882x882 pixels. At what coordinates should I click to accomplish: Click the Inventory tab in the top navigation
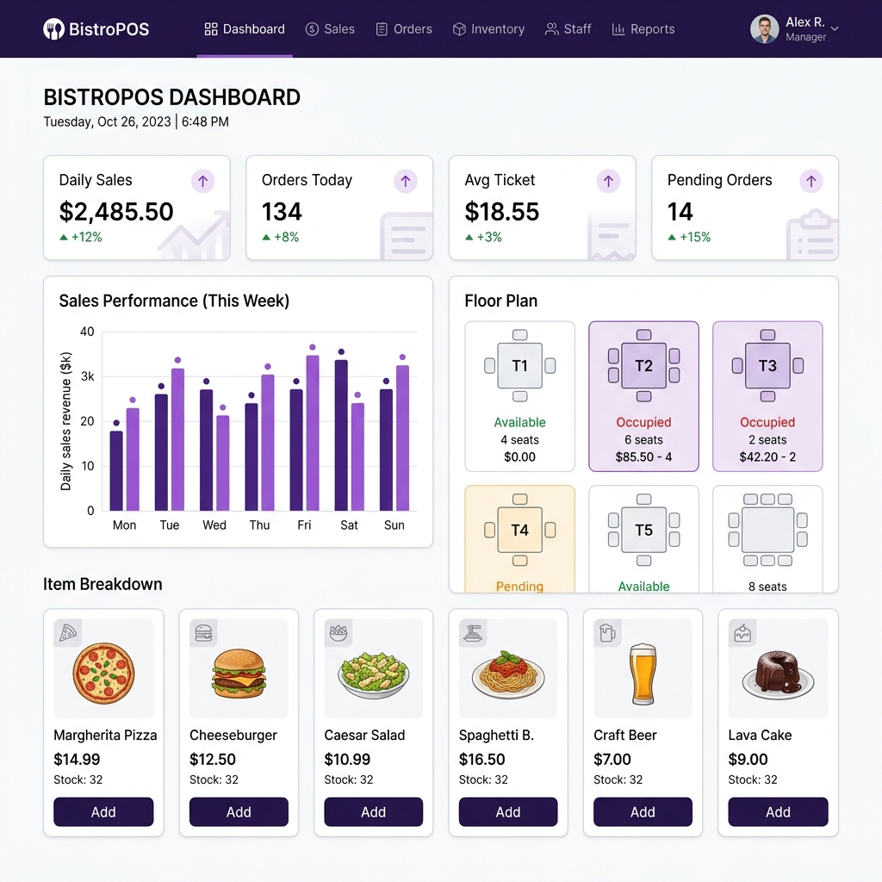[488, 29]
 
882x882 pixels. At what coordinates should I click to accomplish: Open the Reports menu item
[643, 29]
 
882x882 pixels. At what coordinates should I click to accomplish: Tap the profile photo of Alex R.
[765, 29]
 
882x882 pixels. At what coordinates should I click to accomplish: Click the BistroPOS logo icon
[54, 29]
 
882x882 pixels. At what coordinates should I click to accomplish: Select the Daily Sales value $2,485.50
[116, 212]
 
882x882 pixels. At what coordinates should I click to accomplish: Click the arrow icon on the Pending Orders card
[811, 181]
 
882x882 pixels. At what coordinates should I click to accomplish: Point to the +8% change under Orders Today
[280, 238]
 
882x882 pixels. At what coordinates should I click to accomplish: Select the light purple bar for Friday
[313, 433]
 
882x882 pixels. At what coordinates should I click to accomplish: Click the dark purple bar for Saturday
[341, 435]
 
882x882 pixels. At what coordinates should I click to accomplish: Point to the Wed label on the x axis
[214, 525]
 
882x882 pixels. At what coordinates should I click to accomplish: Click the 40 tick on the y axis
[87, 332]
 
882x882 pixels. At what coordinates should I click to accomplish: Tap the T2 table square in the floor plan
[644, 365]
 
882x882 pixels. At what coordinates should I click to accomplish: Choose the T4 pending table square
[520, 530]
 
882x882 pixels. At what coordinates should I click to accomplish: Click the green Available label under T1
[519, 422]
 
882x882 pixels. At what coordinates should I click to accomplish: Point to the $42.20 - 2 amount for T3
[767, 457]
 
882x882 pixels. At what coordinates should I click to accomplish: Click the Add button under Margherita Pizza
[103, 811]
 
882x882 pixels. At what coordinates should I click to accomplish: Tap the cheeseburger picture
[239, 674]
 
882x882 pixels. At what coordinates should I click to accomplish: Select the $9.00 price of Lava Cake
[748, 760]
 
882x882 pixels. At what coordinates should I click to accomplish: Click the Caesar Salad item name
[364, 736]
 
